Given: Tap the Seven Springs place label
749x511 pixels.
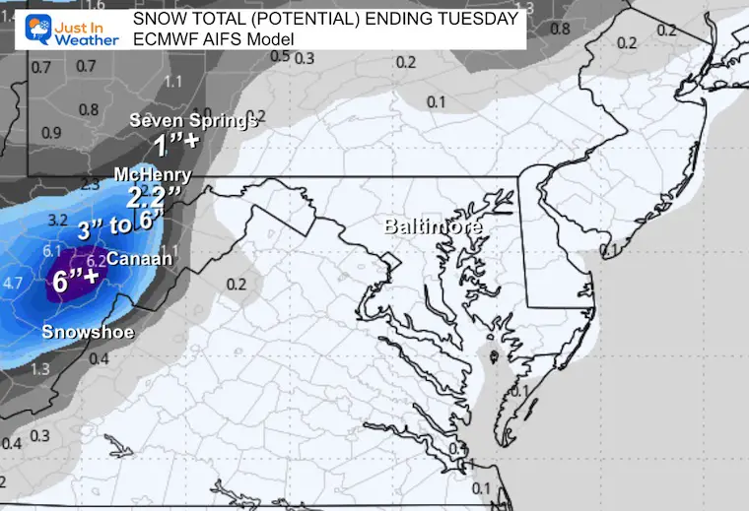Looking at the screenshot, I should pyautogui.click(x=193, y=121).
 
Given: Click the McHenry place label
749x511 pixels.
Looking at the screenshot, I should pyautogui.click(x=152, y=174).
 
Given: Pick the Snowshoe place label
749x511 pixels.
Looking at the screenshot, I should pyautogui.click(x=87, y=332).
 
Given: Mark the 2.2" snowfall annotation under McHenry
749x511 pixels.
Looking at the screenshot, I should pyautogui.click(x=149, y=196).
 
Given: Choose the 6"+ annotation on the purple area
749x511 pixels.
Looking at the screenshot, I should pyautogui.click(x=75, y=280).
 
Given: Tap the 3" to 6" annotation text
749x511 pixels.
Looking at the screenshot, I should pyautogui.click(x=120, y=225).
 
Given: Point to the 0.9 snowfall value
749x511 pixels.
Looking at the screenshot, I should pyautogui.click(x=52, y=133).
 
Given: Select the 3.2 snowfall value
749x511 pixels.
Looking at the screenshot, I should pyautogui.click(x=56, y=220).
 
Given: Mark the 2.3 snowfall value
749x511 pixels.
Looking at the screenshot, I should pyautogui.click(x=90, y=183).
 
